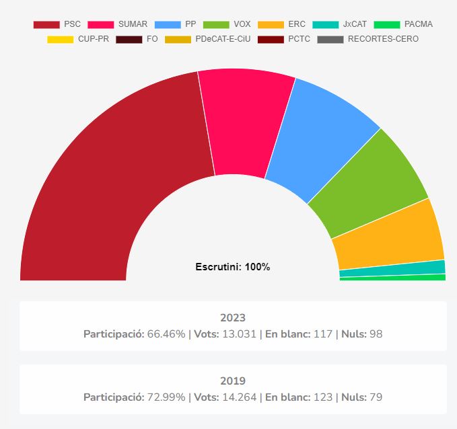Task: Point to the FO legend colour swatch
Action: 129,39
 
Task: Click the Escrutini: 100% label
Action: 232,267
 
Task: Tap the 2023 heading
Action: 233,317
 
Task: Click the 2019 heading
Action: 233,381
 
